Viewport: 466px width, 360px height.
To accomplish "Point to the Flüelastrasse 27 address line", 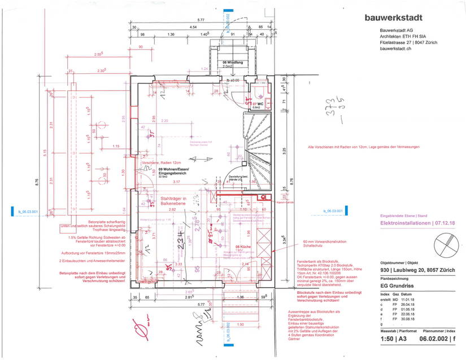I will tap(409, 42).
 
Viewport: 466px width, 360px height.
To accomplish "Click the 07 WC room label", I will tap(258, 104).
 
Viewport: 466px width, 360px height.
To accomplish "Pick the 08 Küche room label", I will tap(242, 247).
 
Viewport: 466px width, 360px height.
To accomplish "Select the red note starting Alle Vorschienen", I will tap(364, 147).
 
